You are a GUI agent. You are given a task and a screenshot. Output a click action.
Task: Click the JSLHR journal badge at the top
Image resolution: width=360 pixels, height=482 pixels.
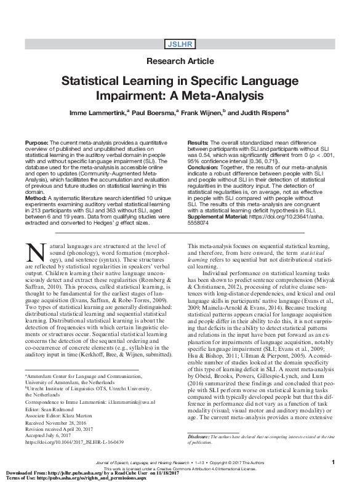[180, 44]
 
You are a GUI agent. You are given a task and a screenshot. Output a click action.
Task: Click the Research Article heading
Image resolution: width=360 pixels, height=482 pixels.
[180, 62]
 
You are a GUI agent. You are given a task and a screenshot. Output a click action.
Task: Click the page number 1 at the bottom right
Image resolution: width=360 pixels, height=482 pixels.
[332, 462]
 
